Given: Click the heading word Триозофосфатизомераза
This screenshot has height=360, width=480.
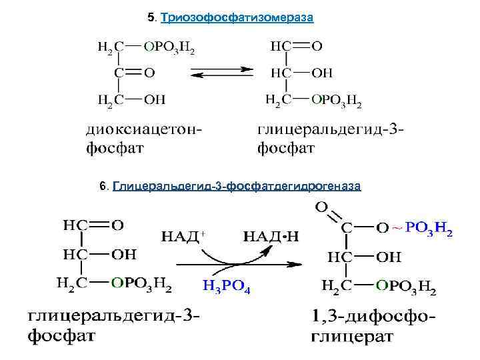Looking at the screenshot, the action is [237, 17].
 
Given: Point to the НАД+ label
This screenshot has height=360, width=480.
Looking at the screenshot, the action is [182, 235].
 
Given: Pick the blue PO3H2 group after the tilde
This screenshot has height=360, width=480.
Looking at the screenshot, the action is [429, 229].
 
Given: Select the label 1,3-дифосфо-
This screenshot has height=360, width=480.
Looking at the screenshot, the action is [373, 316].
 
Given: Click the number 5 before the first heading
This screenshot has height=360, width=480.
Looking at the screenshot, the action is [150, 17].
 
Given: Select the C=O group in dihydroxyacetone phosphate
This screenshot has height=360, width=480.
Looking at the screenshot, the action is [133, 72].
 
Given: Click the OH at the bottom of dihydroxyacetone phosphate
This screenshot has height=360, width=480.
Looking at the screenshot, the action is [155, 99].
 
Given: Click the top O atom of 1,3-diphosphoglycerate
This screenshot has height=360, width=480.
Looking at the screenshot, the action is [321, 207].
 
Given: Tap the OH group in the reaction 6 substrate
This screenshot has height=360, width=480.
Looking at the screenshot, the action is [123, 255].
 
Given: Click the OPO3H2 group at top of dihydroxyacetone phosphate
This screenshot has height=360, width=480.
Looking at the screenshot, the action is [169, 47].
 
